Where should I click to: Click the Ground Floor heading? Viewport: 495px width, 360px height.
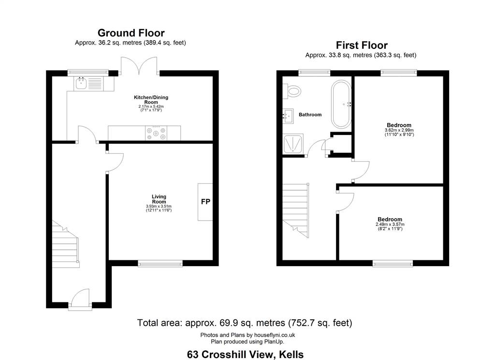[x=131, y=33]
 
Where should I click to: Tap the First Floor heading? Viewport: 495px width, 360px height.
[x=362, y=45]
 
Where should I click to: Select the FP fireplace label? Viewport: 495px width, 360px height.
[x=205, y=202]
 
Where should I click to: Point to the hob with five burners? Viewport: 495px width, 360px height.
[x=156, y=133]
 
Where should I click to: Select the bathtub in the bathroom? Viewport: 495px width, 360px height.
[x=341, y=105]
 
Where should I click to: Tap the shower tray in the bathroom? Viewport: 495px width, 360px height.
[x=293, y=144]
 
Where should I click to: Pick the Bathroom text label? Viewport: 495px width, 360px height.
[x=310, y=115]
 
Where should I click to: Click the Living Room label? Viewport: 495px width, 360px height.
[x=159, y=199]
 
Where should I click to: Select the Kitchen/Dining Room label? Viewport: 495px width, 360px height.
[x=151, y=100]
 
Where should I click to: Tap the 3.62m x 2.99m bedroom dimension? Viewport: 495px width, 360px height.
[x=399, y=130]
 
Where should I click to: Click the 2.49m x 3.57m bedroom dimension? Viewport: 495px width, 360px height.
[x=390, y=225]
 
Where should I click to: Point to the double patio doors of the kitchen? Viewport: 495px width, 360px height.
[x=139, y=66]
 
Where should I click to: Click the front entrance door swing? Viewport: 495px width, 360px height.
[x=80, y=298]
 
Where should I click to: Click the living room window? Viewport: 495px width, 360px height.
[x=160, y=263]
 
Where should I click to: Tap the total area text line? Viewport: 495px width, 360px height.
[x=245, y=323]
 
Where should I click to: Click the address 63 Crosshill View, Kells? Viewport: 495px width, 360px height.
[x=245, y=354]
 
